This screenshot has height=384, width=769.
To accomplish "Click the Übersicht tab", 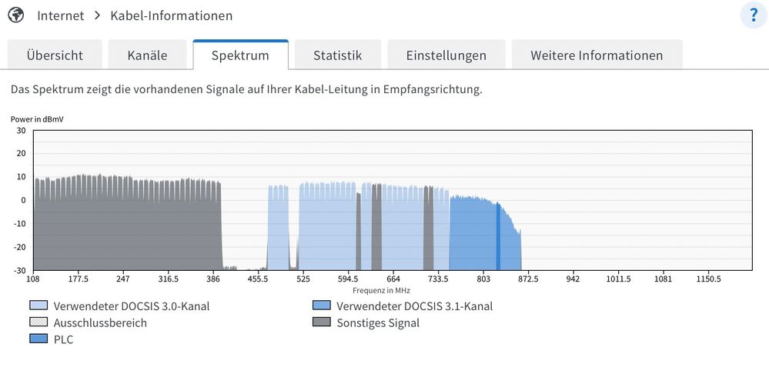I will [x=55, y=55].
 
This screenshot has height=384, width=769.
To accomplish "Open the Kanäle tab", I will [x=148, y=55].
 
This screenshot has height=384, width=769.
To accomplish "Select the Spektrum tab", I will [x=240, y=55].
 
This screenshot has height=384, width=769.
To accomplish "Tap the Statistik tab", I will [x=337, y=55].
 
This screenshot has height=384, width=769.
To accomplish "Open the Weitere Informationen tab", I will [x=597, y=55].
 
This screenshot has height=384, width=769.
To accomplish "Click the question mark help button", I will [x=753, y=15].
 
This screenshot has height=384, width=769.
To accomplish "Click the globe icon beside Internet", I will [x=15, y=15].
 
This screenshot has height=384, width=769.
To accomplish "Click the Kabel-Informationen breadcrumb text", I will [x=171, y=15].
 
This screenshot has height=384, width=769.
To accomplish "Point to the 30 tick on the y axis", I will [x=21, y=131].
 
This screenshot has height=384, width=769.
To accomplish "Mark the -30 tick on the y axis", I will [x=18, y=270].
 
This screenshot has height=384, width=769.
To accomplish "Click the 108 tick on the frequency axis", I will [x=34, y=279].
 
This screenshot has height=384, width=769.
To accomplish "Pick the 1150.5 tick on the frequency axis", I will [x=708, y=279].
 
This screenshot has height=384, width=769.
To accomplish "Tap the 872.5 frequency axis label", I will [x=527, y=279].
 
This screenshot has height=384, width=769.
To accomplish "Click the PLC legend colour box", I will [x=38, y=339].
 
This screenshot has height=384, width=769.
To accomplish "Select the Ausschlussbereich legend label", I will [x=100, y=322].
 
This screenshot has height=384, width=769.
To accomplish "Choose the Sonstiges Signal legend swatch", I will [x=322, y=322].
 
